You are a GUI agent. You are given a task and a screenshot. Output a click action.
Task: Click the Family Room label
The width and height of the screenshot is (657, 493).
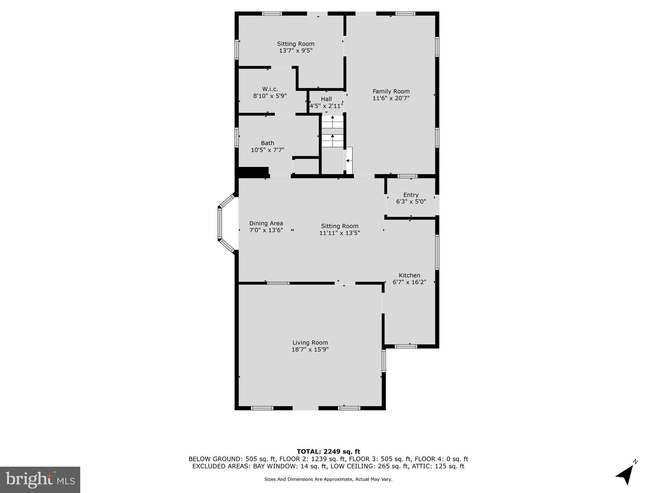tap(391, 91)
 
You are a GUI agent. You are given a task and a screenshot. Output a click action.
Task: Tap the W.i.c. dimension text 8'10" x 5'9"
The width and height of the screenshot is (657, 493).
tap(270, 96)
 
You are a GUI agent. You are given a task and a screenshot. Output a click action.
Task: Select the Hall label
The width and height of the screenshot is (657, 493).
tap(326, 99)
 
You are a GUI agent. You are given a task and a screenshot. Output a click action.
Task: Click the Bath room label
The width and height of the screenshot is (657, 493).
tap(267, 143)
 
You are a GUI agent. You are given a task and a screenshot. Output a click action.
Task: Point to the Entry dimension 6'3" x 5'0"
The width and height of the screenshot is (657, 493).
tap(411, 202)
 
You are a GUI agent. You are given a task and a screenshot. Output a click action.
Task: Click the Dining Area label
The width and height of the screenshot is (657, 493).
tap(266, 223)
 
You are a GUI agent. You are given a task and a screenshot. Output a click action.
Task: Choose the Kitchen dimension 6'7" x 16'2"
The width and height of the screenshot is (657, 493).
tap(409, 282)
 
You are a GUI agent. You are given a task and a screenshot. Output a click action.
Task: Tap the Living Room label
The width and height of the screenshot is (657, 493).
tap(310, 343)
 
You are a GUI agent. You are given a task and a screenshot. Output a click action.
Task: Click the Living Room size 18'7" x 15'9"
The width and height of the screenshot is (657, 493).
tap(310, 350)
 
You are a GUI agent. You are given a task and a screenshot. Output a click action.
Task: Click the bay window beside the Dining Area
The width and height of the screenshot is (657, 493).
tap(220, 223)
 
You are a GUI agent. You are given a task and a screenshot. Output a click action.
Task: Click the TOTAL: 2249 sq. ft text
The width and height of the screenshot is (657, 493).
tap(328, 452)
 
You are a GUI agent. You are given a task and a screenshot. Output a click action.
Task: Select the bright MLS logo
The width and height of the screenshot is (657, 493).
tap(40, 480)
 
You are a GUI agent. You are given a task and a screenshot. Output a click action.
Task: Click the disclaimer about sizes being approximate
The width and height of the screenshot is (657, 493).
tap(328, 479)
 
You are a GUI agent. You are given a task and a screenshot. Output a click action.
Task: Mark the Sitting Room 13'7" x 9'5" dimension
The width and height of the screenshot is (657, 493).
tap(295, 51)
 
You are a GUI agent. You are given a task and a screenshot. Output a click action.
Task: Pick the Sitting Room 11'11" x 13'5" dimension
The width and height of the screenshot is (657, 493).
tap(339, 233)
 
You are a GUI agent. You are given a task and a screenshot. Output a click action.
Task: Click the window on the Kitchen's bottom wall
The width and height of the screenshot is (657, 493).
tap(406, 346)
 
